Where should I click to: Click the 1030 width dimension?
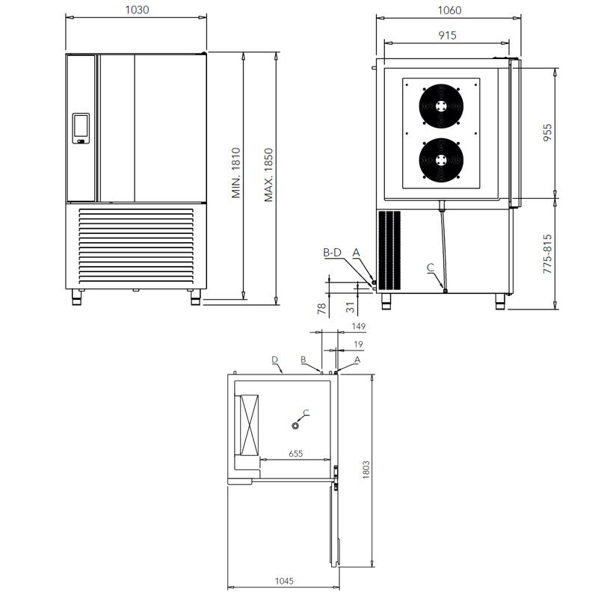pos(137,10)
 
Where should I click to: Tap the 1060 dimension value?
pos(449,10)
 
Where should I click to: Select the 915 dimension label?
pos(447,35)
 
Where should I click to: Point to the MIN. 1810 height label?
pos(236,173)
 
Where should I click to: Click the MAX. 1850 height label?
pos(269,175)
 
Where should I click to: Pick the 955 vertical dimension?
pos(547,132)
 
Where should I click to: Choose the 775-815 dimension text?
pos(547,253)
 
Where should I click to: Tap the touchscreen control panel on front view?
pos(81,128)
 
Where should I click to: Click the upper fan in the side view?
pos(441,105)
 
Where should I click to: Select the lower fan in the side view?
pos(441,160)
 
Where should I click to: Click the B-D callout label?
pos(332,253)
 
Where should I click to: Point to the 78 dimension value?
pos(322,308)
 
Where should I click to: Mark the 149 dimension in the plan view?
pos(359,327)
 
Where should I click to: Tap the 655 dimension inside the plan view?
pos(295,454)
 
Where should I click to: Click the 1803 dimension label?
pos(366,469)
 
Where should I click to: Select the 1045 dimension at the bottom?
pos(284,581)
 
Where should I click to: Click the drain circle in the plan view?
pos(295,425)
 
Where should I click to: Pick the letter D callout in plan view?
pos(274,360)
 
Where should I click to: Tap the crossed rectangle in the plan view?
pos(249,425)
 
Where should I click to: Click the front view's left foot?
pos(77,297)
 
